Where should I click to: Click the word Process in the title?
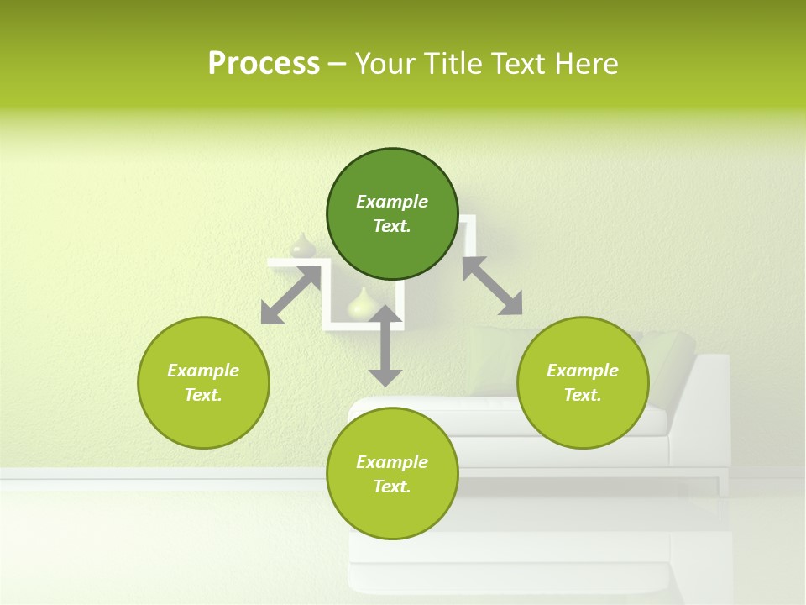click(x=264, y=64)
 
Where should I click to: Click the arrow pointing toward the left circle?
click(x=290, y=295)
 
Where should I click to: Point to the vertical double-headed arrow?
click(x=385, y=345)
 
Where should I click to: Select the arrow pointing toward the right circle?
click(x=492, y=286)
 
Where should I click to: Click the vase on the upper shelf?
click(x=302, y=246)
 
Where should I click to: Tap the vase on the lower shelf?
click(x=361, y=304)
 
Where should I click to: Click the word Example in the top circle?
click(x=392, y=202)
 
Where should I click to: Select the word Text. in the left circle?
click(x=203, y=395)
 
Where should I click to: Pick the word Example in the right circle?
click(x=583, y=371)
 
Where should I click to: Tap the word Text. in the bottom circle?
click(x=392, y=487)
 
